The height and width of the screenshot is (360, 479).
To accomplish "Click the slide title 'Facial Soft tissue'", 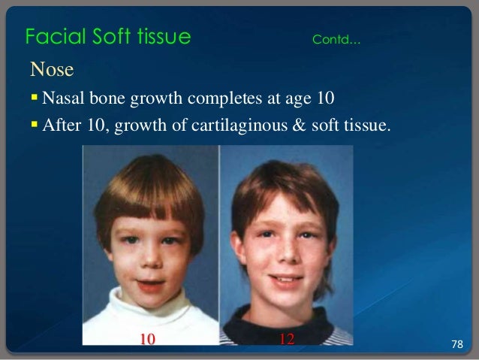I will (107, 36).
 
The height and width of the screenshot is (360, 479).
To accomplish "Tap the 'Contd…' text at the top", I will (336, 39).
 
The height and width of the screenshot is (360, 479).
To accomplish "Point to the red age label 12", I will (285, 339).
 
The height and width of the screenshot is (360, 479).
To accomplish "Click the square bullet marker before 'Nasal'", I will (35, 98).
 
